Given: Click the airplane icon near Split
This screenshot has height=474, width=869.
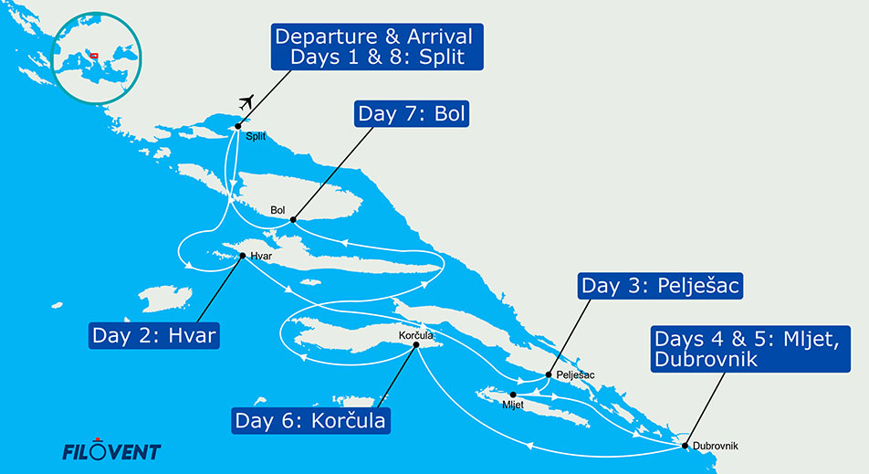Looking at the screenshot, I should (x=244, y=100).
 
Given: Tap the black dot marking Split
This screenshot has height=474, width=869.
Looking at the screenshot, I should (x=237, y=126).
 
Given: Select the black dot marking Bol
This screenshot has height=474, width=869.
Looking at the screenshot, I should (x=292, y=219).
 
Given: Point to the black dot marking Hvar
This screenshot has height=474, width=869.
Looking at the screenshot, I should (x=242, y=256).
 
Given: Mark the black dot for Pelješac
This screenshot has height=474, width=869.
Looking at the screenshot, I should (x=548, y=374).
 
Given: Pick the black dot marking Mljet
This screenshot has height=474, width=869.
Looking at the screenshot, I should (x=513, y=395).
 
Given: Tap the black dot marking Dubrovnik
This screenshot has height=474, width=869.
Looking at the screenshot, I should (x=686, y=445).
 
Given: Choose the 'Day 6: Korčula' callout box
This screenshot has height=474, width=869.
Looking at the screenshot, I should (x=311, y=421).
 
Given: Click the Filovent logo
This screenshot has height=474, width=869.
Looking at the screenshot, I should (x=110, y=451).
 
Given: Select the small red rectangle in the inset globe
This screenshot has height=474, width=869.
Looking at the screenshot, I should (x=94, y=55).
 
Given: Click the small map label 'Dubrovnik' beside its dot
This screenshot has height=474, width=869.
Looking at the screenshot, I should (x=715, y=446).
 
